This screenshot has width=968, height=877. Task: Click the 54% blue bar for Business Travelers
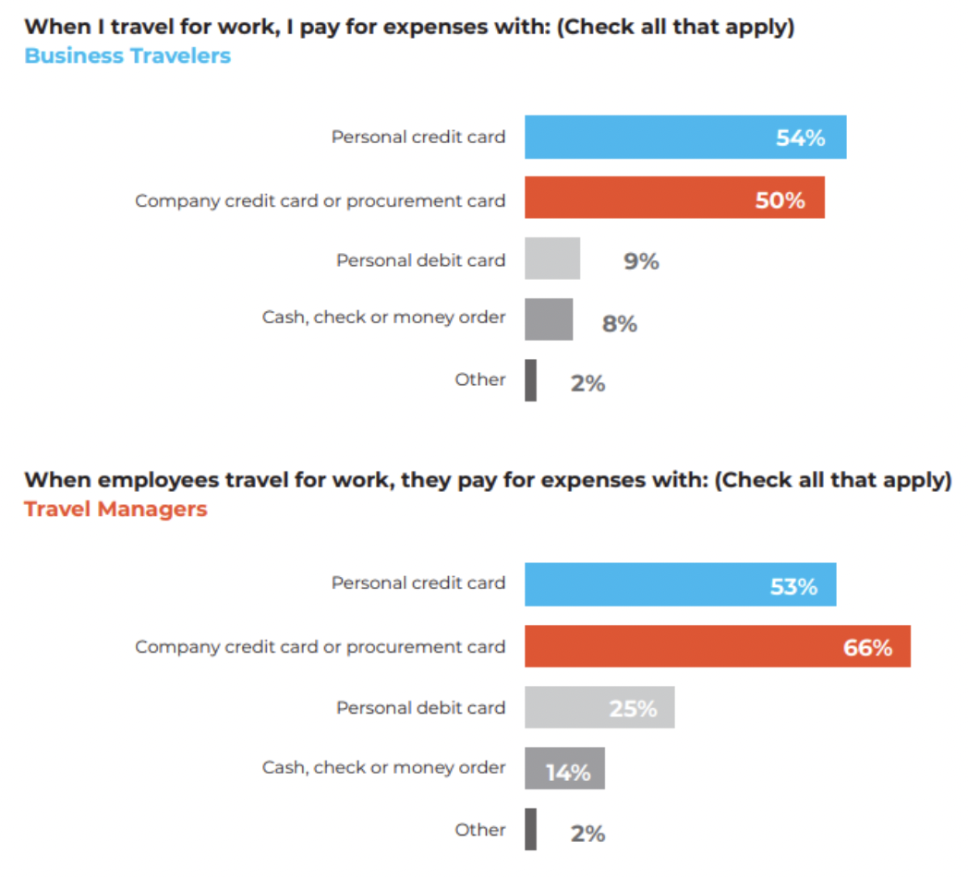(x=684, y=138)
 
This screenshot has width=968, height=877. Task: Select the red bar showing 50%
(x=674, y=198)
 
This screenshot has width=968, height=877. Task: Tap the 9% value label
(x=641, y=261)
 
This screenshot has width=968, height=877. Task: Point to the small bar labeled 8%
(x=549, y=319)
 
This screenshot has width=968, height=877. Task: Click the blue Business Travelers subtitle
(x=127, y=55)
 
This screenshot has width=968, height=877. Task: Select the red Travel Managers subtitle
(x=115, y=509)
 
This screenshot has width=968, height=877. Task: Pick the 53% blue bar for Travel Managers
(x=680, y=584)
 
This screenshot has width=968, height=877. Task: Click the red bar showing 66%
(x=717, y=646)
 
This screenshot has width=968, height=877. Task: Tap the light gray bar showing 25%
(x=599, y=707)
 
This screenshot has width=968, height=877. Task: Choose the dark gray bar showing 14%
(x=564, y=769)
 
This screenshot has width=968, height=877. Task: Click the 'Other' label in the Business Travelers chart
(x=480, y=379)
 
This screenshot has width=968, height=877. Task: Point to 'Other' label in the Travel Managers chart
(x=480, y=830)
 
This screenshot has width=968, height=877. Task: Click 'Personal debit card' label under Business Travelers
(x=420, y=260)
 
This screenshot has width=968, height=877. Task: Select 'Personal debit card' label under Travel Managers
(x=420, y=707)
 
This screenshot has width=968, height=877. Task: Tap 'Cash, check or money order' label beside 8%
(x=383, y=318)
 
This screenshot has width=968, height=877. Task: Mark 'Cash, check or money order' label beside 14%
(x=383, y=768)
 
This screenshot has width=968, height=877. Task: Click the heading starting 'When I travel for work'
(x=409, y=26)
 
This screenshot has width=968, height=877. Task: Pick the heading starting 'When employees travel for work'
(x=487, y=480)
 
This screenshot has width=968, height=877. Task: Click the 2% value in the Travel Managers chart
(x=587, y=834)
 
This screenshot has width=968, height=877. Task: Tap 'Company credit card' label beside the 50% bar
(x=320, y=200)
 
